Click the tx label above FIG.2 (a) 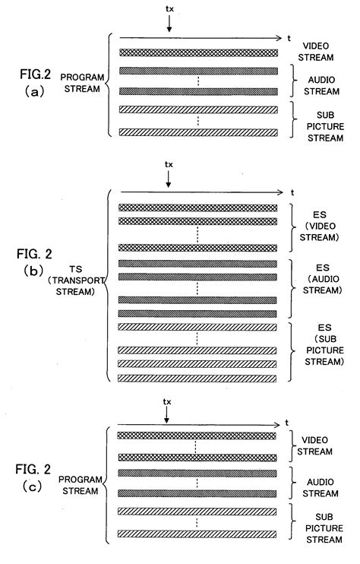169,9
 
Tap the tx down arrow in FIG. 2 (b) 168,179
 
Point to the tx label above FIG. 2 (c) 167,402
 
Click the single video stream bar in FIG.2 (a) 199,52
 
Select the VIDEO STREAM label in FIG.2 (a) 316,52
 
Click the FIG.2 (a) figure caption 35,83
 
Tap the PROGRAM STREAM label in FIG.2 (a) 82,83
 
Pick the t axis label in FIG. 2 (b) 292,193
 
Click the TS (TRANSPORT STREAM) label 76,280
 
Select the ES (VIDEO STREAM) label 320,227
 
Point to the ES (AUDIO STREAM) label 322,279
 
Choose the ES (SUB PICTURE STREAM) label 324,344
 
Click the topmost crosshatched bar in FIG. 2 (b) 198,208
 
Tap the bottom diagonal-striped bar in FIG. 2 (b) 197,378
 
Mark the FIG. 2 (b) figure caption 34,262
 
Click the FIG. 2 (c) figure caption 33,477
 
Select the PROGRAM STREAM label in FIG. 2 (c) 81,485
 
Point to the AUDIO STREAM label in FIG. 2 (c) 321,488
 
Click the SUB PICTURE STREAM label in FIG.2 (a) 326,126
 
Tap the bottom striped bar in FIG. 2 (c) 197,534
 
